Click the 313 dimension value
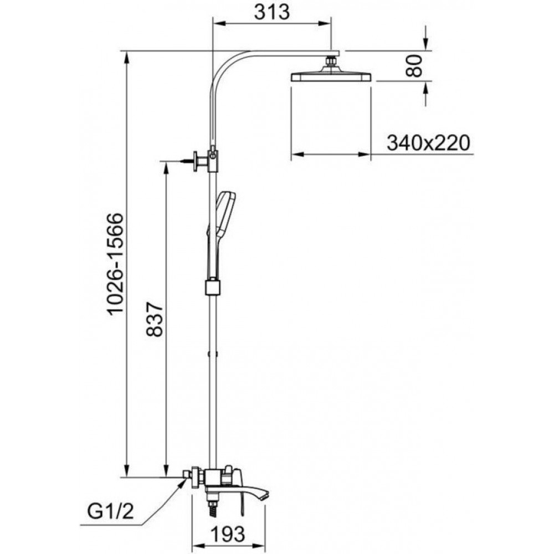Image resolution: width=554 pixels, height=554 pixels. point(271,12)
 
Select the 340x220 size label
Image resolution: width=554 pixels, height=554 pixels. point(429,143)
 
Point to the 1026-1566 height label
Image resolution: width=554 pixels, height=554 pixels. point(116,263)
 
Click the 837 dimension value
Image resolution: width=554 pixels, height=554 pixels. point(155,319)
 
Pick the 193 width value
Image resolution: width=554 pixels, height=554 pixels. point(228,534)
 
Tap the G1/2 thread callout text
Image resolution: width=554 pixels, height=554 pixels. point(111,511)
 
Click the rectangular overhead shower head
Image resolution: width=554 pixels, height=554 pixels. point(331,75)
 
